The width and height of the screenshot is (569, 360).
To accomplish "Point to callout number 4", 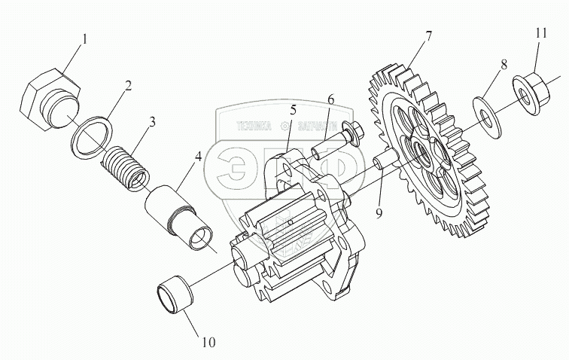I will [x=197, y=159].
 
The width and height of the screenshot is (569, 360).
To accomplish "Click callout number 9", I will [x=379, y=213].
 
